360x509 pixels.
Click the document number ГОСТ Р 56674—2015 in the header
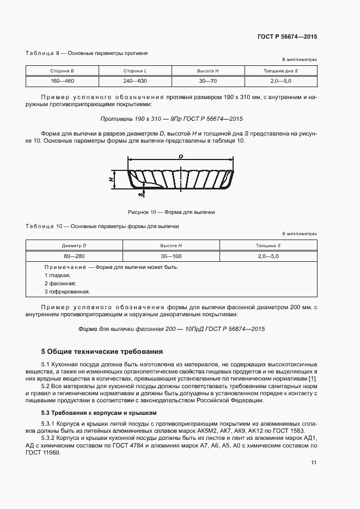[287, 36]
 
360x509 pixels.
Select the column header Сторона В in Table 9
[62, 71]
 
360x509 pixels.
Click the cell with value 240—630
[135, 81]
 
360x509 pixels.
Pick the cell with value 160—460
[62, 81]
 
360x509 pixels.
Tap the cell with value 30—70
[208, 81]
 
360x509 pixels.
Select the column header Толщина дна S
[280, 71]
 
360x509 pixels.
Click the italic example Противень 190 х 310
[172, 118]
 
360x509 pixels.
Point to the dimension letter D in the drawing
[180, 157]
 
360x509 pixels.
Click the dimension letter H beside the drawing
[110, 179]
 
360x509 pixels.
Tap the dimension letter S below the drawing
[141, 193]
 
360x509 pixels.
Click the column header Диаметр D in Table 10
[75, 246]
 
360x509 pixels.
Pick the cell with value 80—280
[75, 256]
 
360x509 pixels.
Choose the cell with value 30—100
[172, 256]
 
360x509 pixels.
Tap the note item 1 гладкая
[57, 275]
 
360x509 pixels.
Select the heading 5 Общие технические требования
[102, 351]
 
